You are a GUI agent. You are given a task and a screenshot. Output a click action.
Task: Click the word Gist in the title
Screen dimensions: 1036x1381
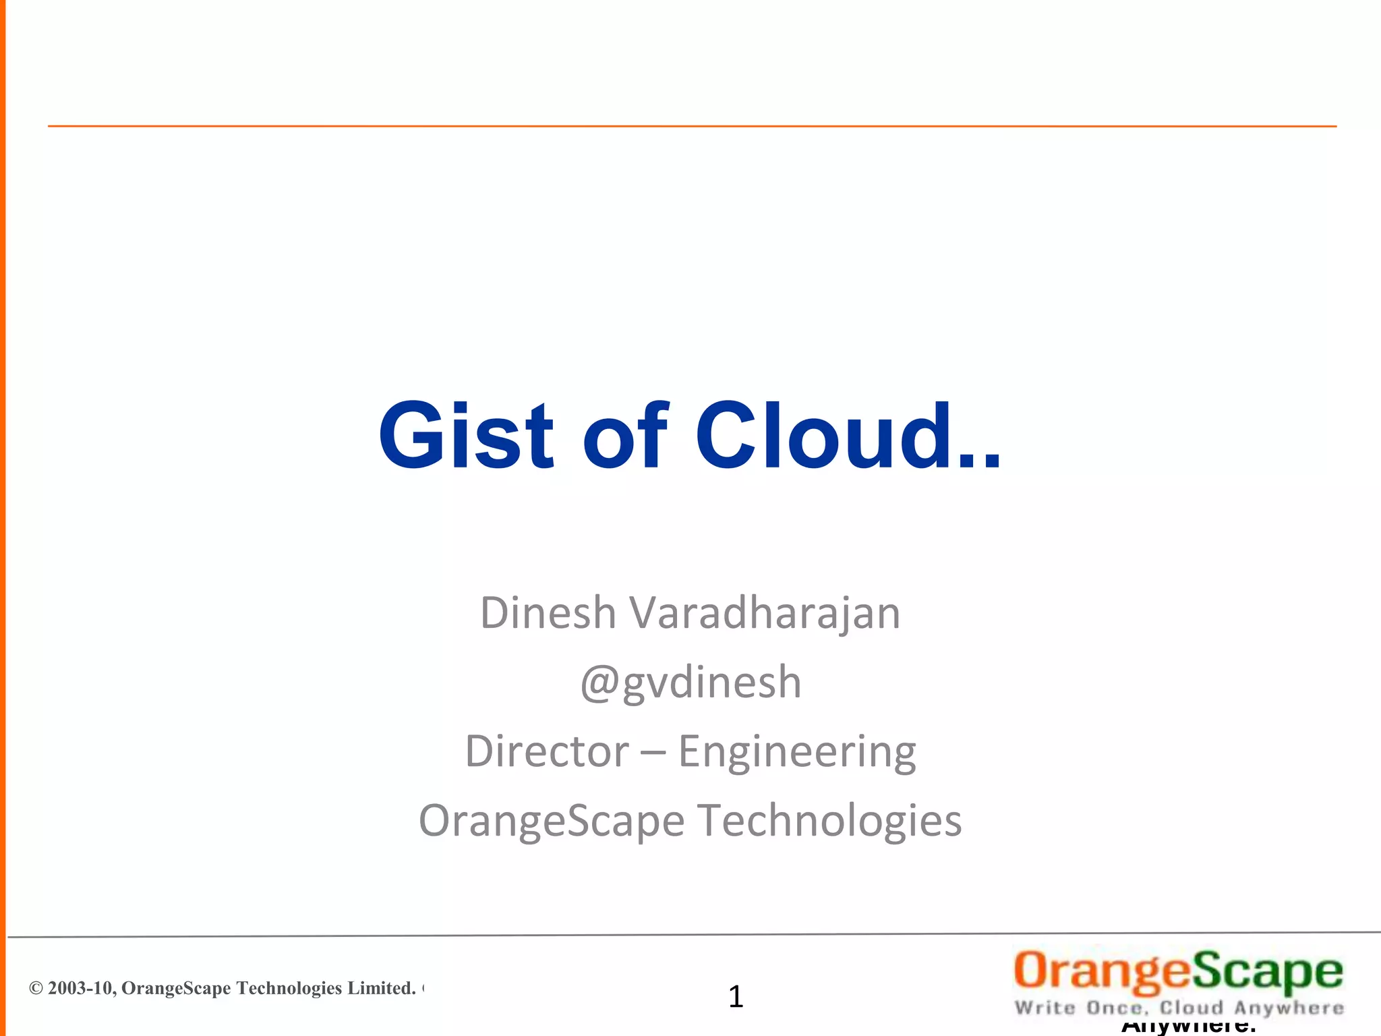[465, 436]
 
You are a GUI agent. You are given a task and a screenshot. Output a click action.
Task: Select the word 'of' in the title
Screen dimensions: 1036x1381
[624, 436]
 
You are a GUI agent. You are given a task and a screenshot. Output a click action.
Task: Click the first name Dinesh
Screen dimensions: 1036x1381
[548, 613]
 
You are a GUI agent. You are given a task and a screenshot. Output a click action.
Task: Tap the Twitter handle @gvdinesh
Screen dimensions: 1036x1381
[690, 683]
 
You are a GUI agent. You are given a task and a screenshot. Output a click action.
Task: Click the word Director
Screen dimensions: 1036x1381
[546, 751]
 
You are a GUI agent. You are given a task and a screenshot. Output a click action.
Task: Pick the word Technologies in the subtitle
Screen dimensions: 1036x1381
[829, 822]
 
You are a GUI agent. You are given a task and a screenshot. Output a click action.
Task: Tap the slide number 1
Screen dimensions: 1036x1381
[736, 997]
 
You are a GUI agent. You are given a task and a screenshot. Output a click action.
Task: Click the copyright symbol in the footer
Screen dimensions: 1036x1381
[36, 989]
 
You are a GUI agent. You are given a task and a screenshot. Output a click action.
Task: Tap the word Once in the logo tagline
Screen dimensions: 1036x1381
[1116, 1008]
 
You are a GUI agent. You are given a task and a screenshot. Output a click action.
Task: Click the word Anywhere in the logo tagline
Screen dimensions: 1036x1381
[1289, 1008]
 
